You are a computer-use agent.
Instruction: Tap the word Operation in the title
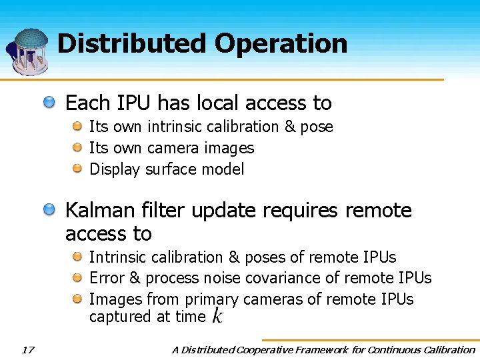click(281, 44)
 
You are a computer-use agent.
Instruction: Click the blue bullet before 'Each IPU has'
click(50, 103)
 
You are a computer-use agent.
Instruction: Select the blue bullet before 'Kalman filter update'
click(50, 211)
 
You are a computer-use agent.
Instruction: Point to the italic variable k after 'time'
click(217, 317)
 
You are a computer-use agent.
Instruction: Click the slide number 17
click(27, 349)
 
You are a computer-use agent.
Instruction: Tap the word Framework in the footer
click(329, 349)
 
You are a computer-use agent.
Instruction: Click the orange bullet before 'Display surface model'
click(77, 169)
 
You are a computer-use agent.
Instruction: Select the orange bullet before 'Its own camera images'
click(77, 147)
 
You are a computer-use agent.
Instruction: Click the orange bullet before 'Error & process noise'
click(77, 277)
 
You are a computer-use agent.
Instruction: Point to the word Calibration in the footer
click(448, 349)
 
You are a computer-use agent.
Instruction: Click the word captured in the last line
click(121, 317)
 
